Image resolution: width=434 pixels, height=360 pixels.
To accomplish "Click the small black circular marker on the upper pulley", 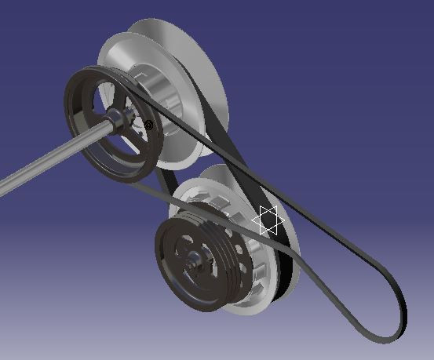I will pyautogui.click(x=148, y=125).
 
